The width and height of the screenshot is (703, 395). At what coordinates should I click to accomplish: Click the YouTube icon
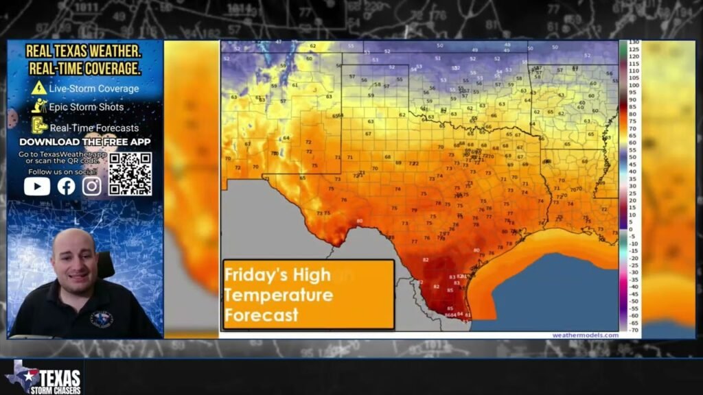pos(37,186)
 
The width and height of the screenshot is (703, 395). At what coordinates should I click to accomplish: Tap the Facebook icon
pos(66,186)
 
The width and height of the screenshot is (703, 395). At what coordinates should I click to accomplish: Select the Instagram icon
pos(92,186)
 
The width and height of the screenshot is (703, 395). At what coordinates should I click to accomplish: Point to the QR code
pos(130,174)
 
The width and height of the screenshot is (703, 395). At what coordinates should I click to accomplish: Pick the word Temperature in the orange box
pos(279,296)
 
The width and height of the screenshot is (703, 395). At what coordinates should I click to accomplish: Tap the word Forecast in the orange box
pos(262,315)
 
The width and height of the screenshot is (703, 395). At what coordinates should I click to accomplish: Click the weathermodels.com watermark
pos(585,335)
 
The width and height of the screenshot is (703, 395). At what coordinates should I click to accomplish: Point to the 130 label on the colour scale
pos(634,43)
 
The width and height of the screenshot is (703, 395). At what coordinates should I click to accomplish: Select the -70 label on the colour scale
pos(634,330)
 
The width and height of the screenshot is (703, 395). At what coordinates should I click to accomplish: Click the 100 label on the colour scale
pos(634,86)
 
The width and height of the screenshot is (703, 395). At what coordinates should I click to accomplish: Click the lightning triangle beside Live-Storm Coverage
pos(39,88)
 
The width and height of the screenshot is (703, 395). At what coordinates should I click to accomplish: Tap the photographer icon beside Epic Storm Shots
pos(39,106)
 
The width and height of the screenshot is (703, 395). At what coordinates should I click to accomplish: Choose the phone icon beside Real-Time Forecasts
pos(39,125)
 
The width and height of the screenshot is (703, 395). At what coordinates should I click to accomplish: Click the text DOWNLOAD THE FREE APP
pos(85,142)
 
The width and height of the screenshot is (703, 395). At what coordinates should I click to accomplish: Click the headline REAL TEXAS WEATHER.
pos(84,51)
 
